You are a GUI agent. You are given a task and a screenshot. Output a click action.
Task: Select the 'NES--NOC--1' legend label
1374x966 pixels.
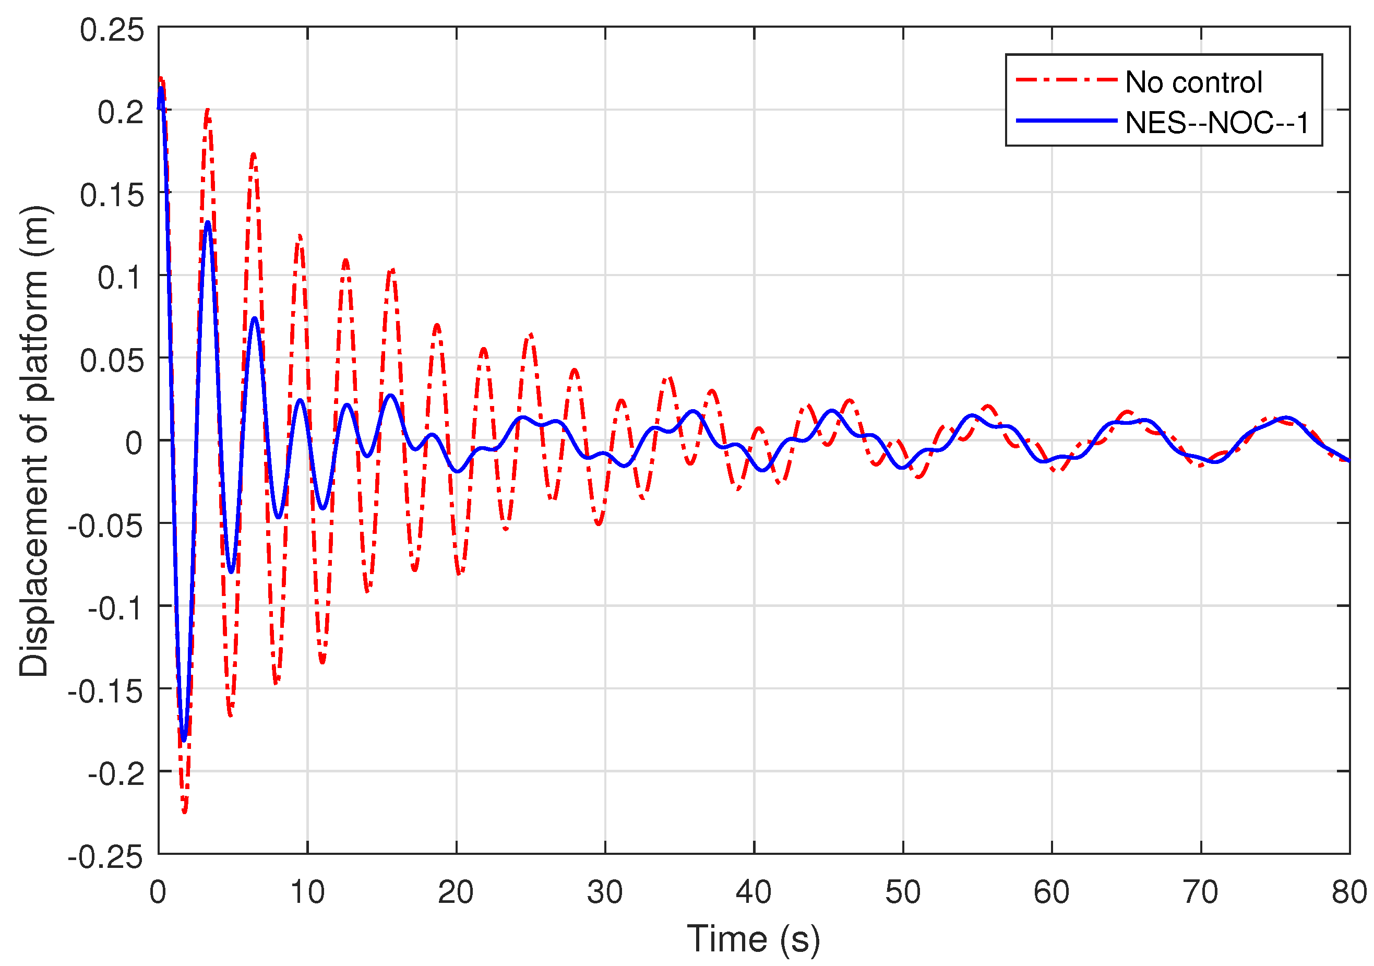(1216, 123)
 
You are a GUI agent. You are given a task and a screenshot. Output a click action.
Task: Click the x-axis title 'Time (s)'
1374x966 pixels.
(753, 938)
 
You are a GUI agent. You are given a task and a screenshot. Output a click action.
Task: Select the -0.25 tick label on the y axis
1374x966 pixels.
(105, 857)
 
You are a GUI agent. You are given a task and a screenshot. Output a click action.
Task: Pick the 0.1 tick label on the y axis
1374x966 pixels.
(121, 278)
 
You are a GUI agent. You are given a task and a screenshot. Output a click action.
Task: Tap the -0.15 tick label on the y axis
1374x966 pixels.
(105, 692)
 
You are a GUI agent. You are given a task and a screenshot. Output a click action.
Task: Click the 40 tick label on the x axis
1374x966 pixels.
(754, 892)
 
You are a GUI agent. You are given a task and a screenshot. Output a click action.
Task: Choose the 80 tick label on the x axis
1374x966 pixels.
(1349, 892)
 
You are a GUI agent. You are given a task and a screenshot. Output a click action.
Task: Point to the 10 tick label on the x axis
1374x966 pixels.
(307, 892)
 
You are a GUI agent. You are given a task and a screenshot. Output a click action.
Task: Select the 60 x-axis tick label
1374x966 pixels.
(1052, 892)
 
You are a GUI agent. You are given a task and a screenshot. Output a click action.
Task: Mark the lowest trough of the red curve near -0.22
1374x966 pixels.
(184, 811)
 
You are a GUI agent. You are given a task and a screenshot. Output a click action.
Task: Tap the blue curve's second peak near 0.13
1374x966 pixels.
(208, 223)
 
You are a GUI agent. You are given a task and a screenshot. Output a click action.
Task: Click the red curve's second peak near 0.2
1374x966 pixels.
(208, 111)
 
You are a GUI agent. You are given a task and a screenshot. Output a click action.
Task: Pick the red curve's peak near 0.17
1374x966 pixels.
(254, 154)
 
